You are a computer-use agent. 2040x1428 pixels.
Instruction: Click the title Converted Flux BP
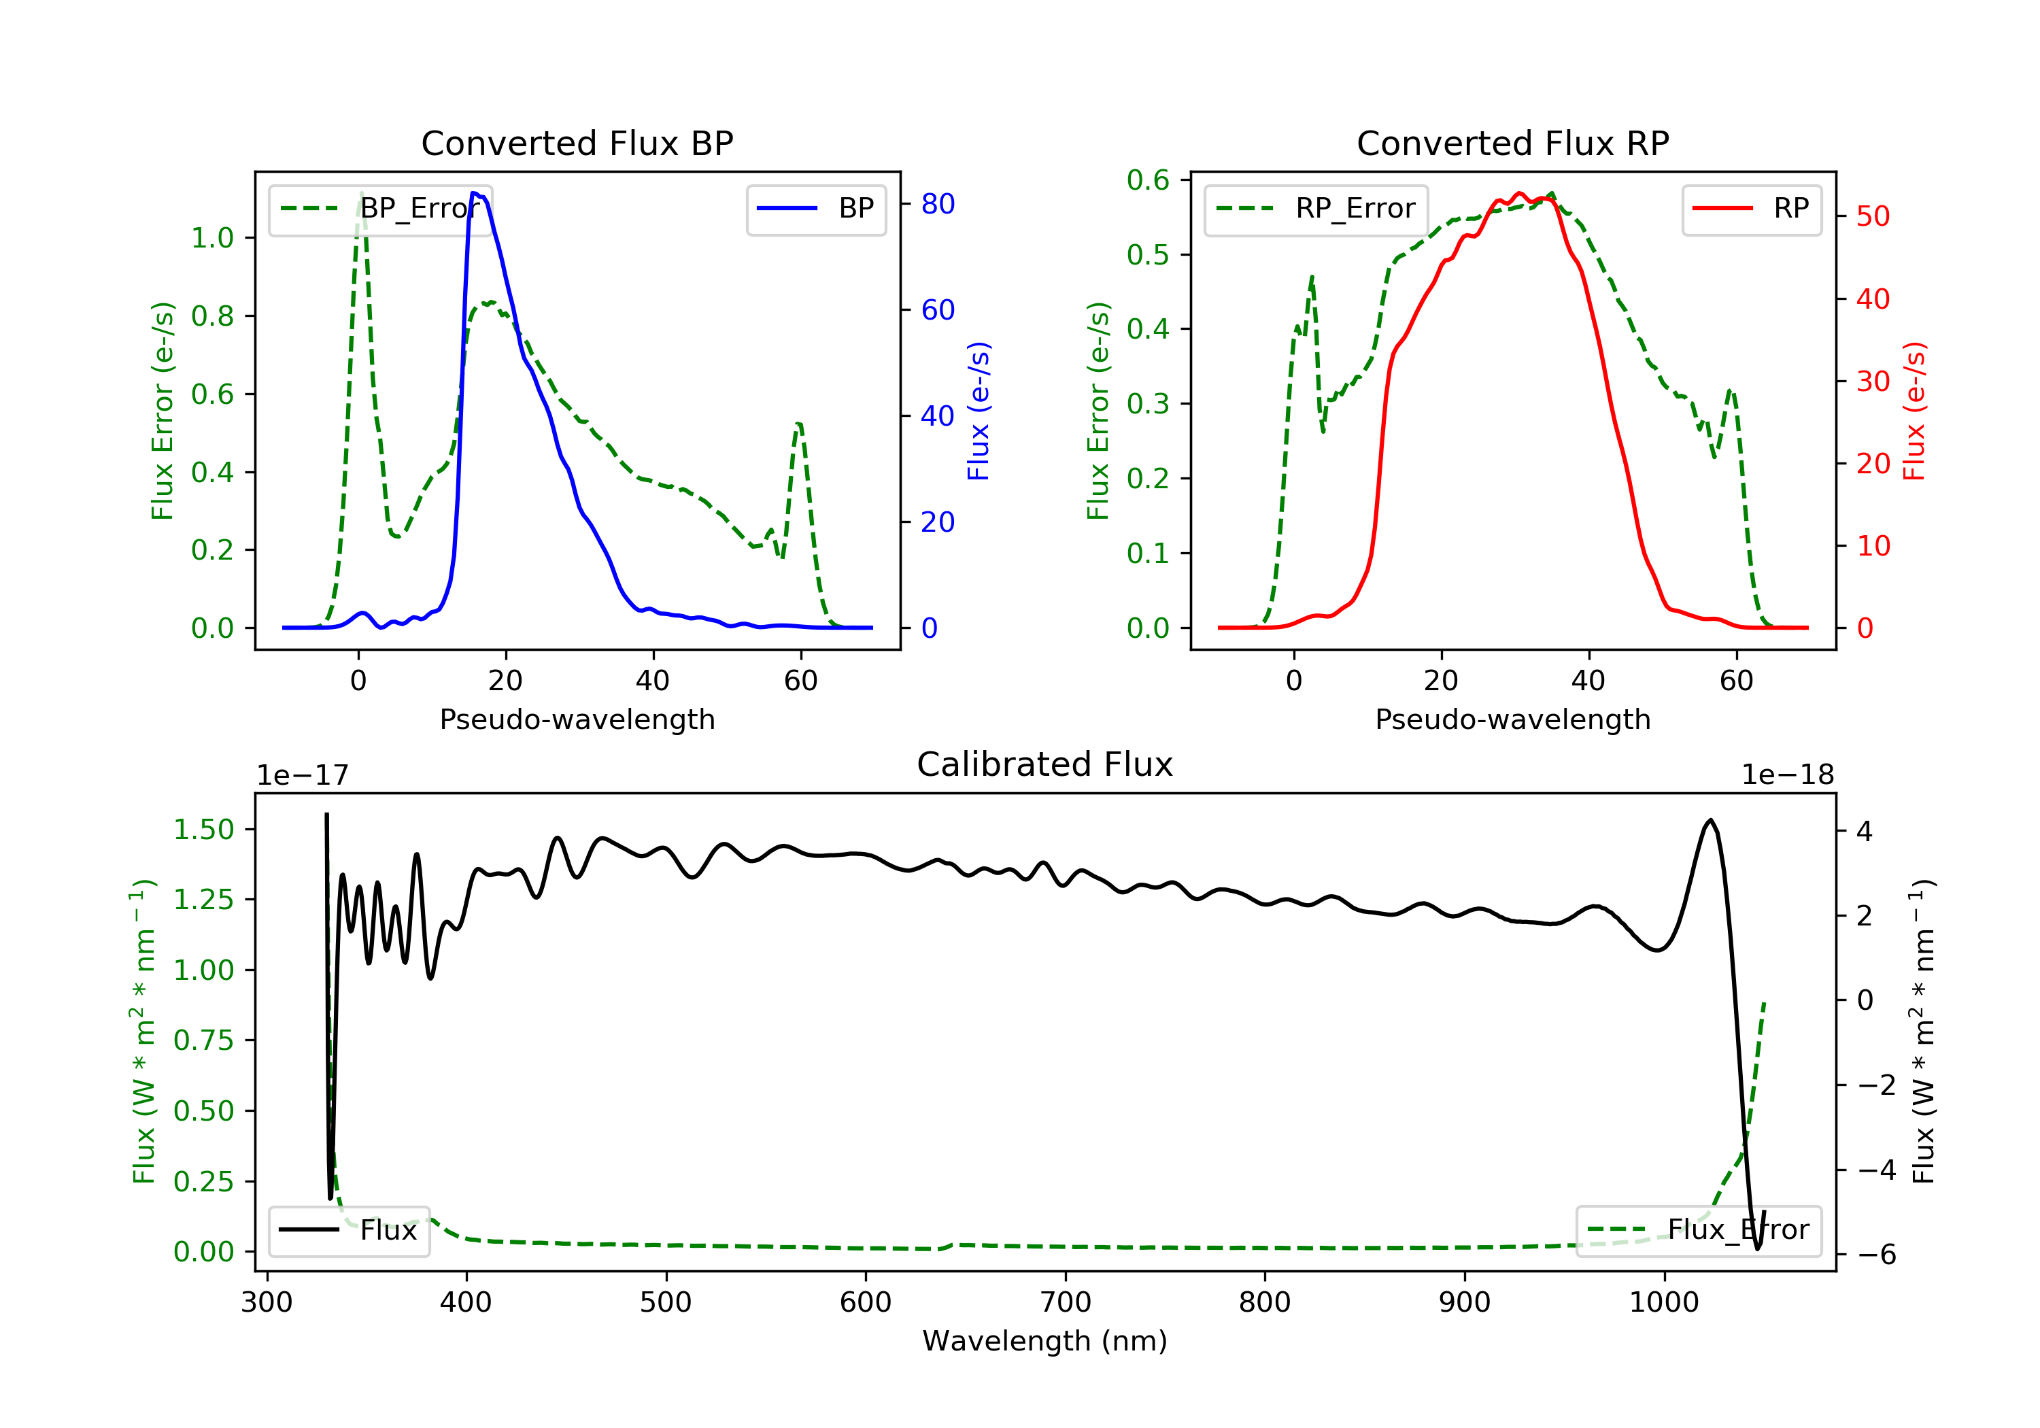tap(577, 143)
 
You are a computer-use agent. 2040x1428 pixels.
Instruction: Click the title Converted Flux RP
tap(1512, 143)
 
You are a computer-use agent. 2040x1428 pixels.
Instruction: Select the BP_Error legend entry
tap(379, 209)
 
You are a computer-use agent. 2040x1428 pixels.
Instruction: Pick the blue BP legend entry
tap(815, 209)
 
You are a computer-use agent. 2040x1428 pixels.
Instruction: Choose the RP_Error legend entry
tap(1315, 209)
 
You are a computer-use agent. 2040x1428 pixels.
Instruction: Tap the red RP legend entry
tap(1751, 209)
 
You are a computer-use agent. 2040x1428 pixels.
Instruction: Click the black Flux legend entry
tap(348, 1230)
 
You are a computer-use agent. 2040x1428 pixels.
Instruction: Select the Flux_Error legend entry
tap(1698, 1230)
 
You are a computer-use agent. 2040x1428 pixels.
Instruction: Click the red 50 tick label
tap(1873, 217)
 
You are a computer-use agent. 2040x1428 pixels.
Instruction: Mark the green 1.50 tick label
tap(203, 830)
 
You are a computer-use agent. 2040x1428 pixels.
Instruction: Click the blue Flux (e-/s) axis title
tap(979, 411)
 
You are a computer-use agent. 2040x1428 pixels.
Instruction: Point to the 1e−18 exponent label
tap(1788, 775)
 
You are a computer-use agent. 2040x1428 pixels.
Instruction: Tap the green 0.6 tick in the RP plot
tap(1148, 180)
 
